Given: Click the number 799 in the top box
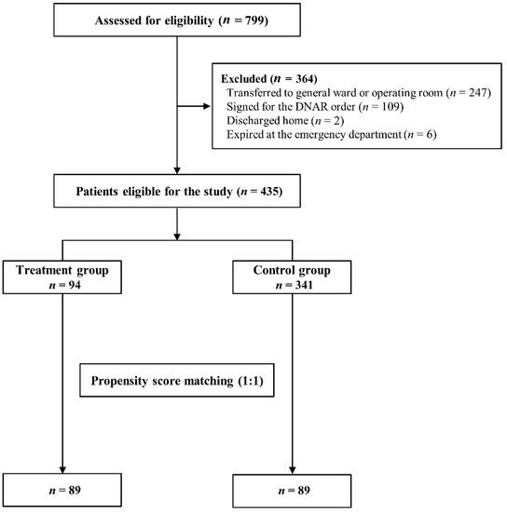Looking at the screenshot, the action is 254,20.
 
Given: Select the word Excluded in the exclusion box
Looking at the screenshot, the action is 244,79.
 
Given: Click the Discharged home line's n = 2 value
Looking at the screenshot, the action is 328,121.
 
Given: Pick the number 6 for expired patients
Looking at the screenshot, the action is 430,135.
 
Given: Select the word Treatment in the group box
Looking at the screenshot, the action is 44,270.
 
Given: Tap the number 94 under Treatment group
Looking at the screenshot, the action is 75,285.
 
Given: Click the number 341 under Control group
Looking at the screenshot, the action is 304,285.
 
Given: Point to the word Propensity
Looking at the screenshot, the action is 119,381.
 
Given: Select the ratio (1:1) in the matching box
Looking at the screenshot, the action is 250,381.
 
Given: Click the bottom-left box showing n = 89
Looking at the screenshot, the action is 62,490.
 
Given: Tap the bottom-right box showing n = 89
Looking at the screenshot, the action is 292,491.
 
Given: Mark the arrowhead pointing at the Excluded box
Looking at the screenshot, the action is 207,106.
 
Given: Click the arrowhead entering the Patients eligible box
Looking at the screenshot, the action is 177,170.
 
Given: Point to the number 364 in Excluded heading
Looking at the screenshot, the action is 305,79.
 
